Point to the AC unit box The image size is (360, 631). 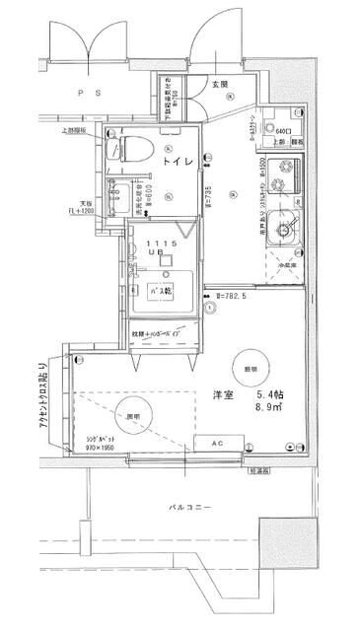[x=218, y=443]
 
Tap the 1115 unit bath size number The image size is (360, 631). [x=162, y=243]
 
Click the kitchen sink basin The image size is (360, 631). [x=286, y=231]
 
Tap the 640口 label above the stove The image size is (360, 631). [x=282, y=131]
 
